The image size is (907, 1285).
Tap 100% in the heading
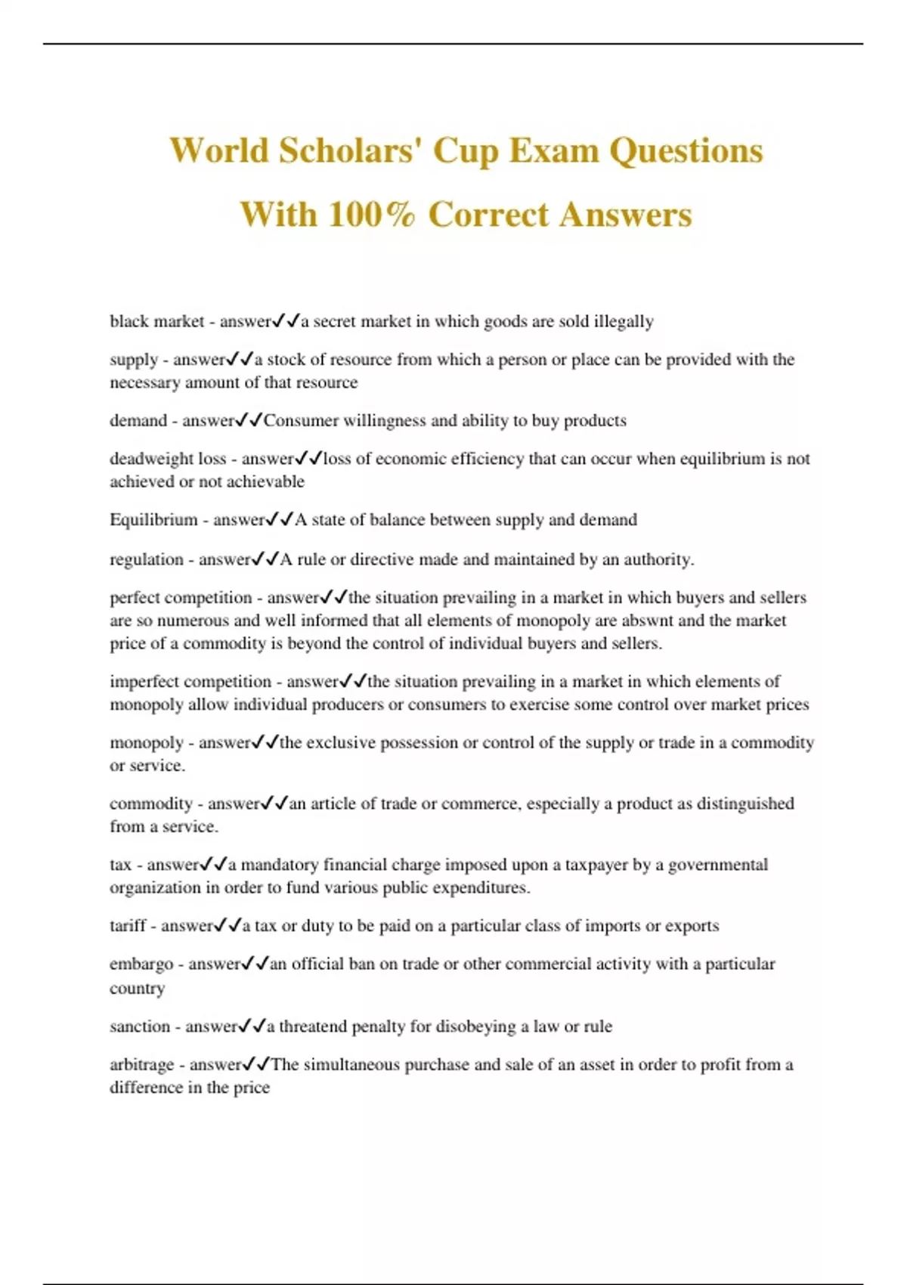point(371,214)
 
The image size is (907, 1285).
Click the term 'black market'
point(156,321)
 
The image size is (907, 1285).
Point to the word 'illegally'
point(624,321)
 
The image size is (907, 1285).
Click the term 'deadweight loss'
point(168,459)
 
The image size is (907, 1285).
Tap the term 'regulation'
point(147,559)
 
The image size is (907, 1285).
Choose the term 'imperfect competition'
point(190,682)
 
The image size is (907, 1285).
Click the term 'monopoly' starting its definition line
point(147,743)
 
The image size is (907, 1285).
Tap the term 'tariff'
point(128,926)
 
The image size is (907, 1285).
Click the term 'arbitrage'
point(142,1065)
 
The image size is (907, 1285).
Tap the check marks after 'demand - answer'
point(249,420)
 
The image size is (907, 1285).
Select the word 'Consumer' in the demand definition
point(299,420)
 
